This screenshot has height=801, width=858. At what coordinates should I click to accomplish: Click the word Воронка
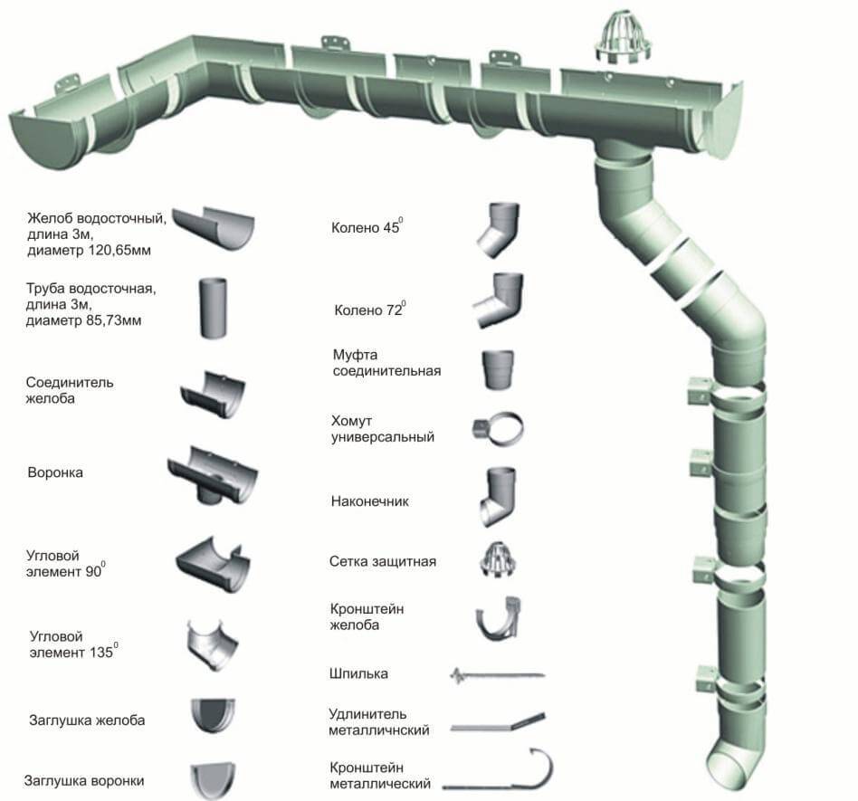55,472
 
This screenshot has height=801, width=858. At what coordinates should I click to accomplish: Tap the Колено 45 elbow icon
497,230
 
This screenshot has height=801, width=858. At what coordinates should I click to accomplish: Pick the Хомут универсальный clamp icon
499,429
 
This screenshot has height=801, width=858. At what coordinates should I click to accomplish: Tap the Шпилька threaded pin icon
496,675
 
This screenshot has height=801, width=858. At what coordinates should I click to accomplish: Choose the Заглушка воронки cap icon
213,778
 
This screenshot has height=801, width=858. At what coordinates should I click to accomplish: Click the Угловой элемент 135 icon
213,644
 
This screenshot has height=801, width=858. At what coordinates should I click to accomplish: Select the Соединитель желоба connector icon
213,395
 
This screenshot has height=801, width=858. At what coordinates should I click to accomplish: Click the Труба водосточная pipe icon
214,308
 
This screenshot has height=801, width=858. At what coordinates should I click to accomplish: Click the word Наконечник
369,501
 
